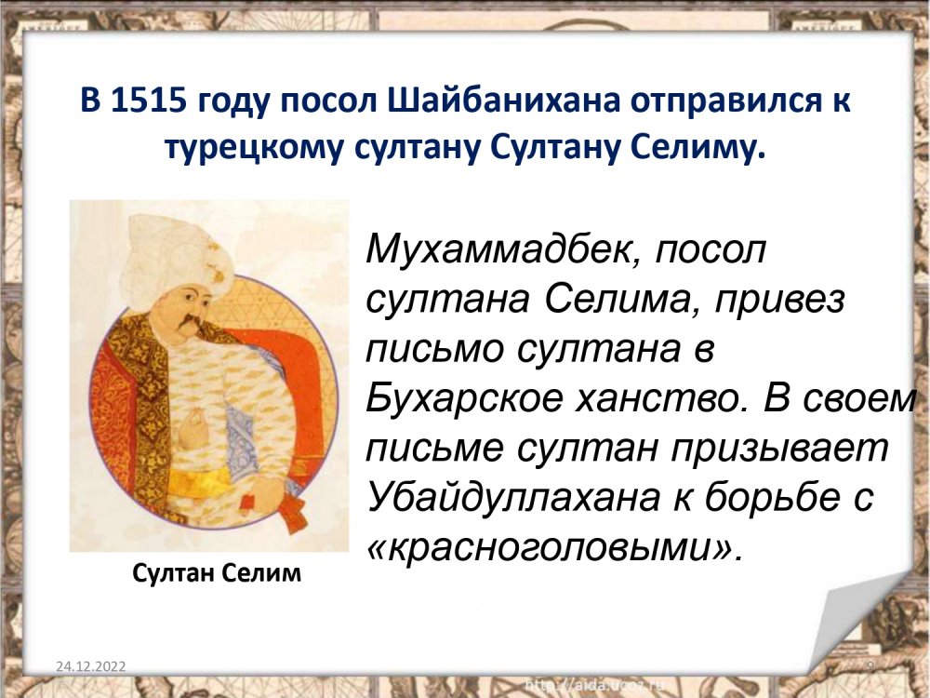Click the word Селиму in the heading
point(695,148)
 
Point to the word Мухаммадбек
point(504,248)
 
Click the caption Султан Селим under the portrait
point(217,573)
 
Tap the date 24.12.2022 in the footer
point(91,666)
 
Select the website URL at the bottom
point(595,686)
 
